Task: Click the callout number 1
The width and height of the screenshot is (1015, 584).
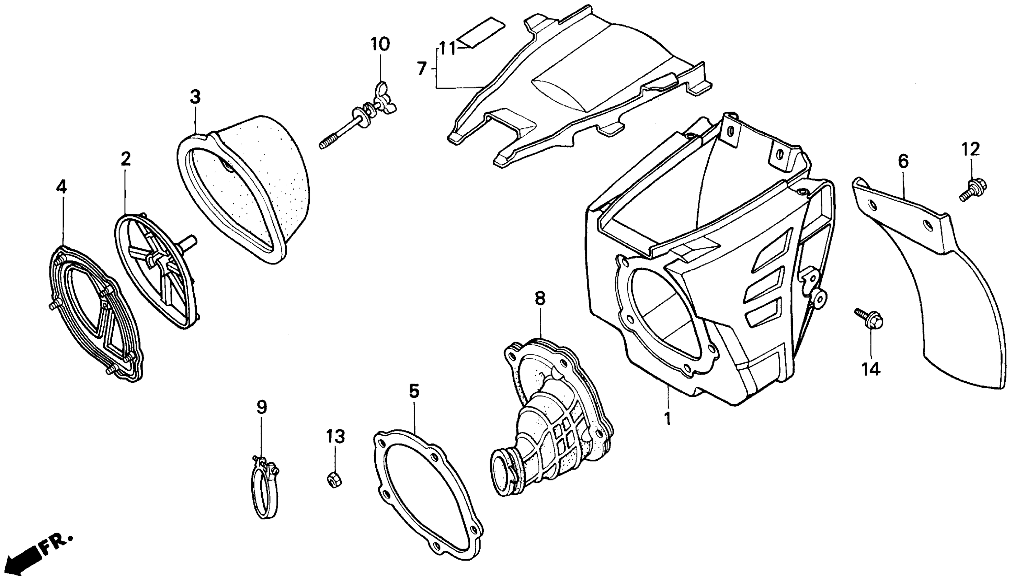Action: point(667,419)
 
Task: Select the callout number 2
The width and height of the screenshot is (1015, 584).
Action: point(125,159)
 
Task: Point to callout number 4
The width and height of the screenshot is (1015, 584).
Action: point(61,187)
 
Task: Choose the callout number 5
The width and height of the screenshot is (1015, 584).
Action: point(414,391)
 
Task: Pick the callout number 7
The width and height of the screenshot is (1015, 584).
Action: point(421,69)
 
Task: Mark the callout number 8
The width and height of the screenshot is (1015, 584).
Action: point(540,298)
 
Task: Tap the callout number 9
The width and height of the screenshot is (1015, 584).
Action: point(261,407)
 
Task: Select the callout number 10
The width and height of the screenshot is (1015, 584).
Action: point(380,44)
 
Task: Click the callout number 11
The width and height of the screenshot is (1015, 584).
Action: point(447,48)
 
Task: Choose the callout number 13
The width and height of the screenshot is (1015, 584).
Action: point(335,437)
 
